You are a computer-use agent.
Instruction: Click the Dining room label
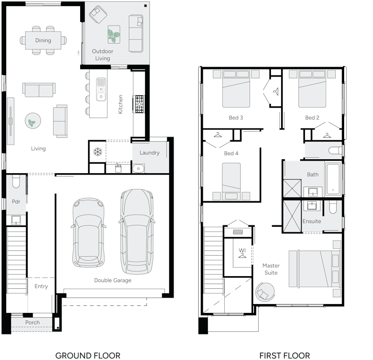pyautogui.click(x=43, y=41)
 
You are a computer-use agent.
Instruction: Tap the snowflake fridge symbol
pyautogui.click(x=97, y=152)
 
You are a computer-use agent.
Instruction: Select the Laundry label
pyautogui.click(x=149, y=153)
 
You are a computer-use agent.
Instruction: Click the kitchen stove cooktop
pyautogui.click(x=139, y=104)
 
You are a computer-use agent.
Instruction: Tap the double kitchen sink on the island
pyautogui.click(x=101, y=89)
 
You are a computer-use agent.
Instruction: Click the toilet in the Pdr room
pyautogui.click(x=15, y=181)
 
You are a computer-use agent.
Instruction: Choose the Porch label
pyautogui.click(x=33, y=322)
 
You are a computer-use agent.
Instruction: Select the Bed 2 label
pyautogui.click(x=312, y=118)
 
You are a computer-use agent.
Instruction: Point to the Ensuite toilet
pyautogui.click(x=332, y=207)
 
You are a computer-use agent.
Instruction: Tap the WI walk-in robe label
pyautogui.click(x=242, y=251)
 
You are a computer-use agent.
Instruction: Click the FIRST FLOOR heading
pyautogui.click(x=285, y=355)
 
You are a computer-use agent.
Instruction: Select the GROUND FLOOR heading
pyautogui.click(x=88, y=355)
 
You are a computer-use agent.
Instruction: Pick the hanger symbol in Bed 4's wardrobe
pyautogui.click(x=218, y=135)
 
